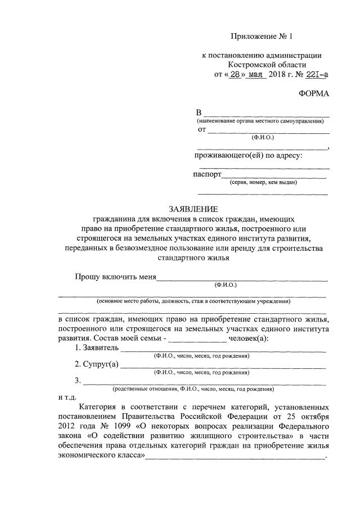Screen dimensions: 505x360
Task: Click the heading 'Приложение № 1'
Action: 262,37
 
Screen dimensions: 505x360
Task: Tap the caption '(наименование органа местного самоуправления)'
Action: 263,121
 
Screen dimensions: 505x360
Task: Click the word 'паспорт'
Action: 207,174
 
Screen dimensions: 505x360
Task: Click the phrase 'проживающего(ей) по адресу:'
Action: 249,155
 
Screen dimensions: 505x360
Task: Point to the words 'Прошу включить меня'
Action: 116,277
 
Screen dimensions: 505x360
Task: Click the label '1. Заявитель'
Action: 96,348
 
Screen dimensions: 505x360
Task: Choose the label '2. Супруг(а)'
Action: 97,364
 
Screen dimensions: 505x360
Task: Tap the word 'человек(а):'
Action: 249,339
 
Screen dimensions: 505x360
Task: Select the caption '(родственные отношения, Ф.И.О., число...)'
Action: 192,389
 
